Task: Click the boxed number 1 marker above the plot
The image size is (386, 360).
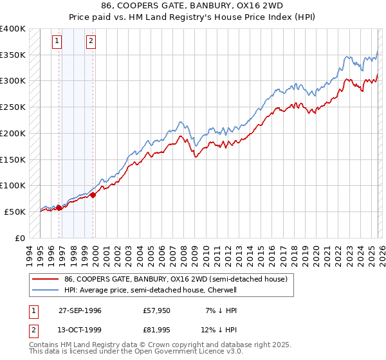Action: tap(57, 41)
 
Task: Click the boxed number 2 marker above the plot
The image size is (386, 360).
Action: tap(91, 41)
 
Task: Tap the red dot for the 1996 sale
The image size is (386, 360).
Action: tap(59, 208)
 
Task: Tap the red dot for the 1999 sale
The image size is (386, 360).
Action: tap(93, 195)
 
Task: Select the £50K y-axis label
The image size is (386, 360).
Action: tap(15, 212)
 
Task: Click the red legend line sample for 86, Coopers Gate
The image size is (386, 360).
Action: tap(45, 279)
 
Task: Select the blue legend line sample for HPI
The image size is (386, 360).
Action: tap(45, 290)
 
